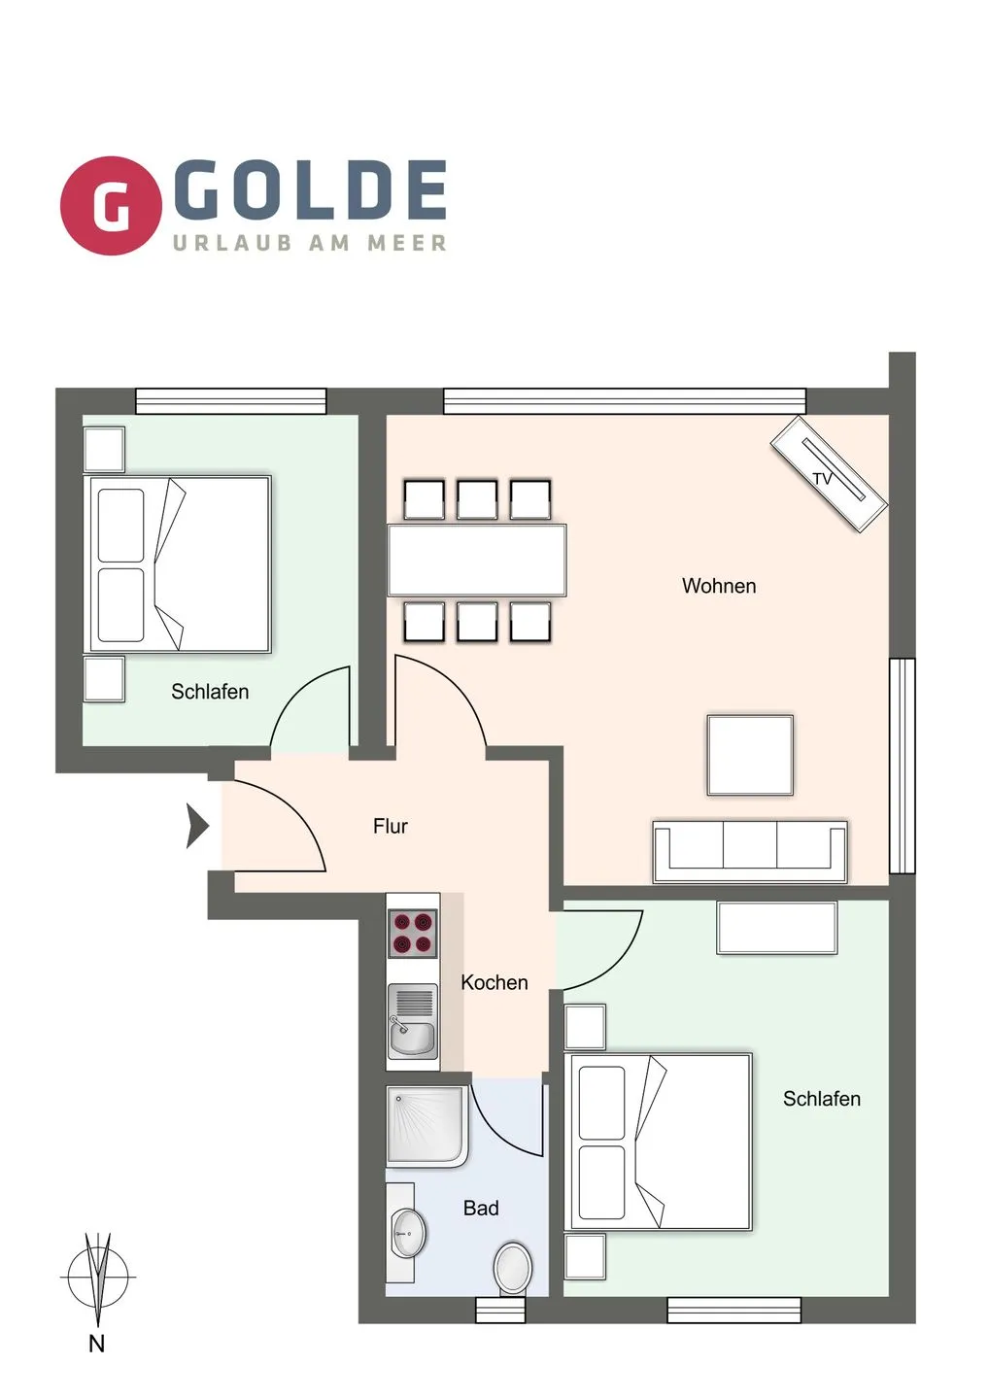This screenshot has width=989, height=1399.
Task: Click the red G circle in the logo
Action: [x=111, y=206]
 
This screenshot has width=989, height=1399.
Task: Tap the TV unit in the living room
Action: [x=829, y=474]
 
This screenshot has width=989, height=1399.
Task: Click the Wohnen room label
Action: [x=719, y=586]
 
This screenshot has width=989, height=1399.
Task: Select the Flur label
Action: [x=391, y=826]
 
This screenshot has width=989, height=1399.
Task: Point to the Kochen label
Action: [x=494, y=982]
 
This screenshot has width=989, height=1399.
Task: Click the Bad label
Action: [x=481, y=1208]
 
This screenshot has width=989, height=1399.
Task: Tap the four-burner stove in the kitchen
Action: [x=413, y=933]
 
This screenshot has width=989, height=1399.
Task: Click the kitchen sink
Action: [x=413, y=1021]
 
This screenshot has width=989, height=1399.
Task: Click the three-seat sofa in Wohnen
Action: [x=750, y=852]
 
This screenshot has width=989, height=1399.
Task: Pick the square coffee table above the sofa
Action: [x=750, y=755]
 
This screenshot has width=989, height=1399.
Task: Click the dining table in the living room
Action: [x=477, y=560]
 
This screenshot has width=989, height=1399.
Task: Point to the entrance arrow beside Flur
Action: [x=198, y=826]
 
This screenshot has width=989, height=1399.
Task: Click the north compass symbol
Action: [x=98, y=1277]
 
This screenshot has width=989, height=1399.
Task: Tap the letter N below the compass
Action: [x=97, y=1344]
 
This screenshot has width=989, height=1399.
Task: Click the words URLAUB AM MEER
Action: [x=310, y=242]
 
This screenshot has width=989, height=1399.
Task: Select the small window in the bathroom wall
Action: [x=500, y=1310]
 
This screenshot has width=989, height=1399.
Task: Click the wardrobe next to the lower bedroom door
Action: [x=776, y=928]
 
